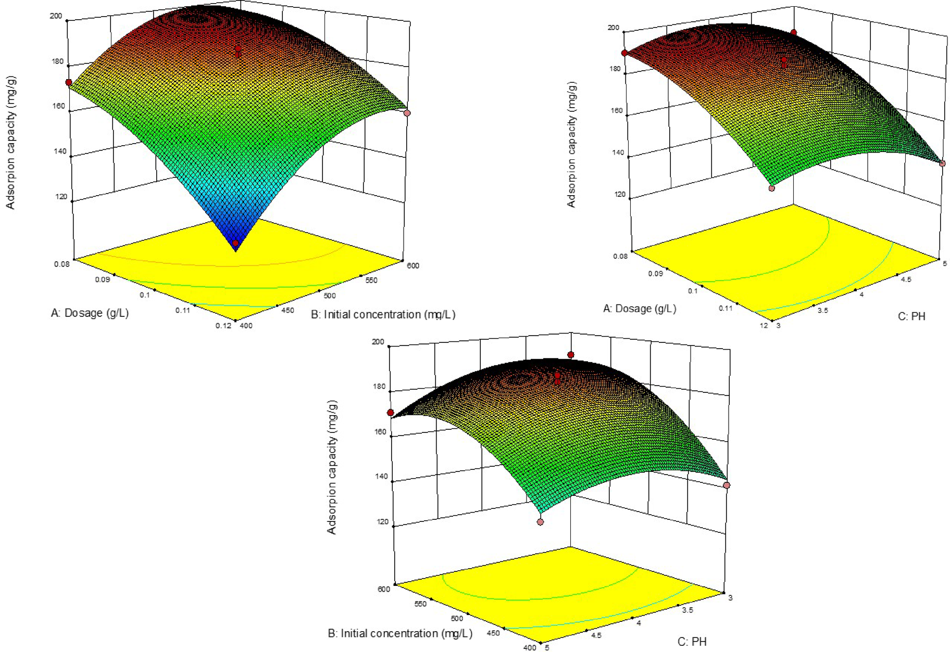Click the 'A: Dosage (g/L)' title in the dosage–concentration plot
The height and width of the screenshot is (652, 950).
[x=90, y=313]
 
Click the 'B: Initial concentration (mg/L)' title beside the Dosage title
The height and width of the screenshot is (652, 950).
[x=383, y=314]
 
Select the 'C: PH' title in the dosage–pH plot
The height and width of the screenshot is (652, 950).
[x=911, y=316]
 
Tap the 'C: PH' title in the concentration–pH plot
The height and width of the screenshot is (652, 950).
[x=692, y=642]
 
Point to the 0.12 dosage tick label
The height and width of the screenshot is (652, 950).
[x=223, y=326]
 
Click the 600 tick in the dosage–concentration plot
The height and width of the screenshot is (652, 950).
[x=413, y=265]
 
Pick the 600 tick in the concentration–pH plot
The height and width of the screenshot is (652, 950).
[x=384, y=589]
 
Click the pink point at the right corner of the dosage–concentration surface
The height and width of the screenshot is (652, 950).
[x=407, y=113]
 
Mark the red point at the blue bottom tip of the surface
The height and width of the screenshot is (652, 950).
[x=236, y=243]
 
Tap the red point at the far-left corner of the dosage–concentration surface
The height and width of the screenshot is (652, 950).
[x=68, y=82]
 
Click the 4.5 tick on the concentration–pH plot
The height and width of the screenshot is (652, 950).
[x=596, y=635]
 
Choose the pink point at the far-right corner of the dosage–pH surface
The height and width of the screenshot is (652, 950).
[x=942, y=163]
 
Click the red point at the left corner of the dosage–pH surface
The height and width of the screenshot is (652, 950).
[x=624, y=53]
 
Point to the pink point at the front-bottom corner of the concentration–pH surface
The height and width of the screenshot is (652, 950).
[x=540, y=521]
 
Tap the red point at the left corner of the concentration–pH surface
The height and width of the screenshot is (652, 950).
[x=390, y=413]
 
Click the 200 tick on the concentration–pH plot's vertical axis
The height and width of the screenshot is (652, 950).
[x=378, y=342]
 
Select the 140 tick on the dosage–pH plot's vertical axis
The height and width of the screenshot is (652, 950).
[x=618, y=152]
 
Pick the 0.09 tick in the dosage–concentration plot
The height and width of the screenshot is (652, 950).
[x=103, y=279]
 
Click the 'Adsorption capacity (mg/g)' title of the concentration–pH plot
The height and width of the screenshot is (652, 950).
[x=332, y=467]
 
